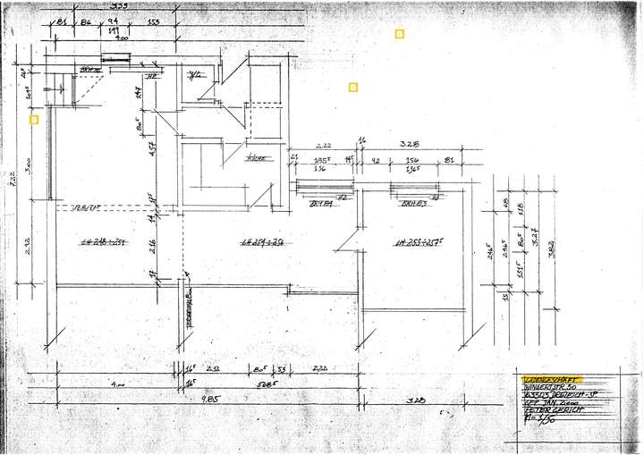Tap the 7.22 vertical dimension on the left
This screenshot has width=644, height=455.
[14, 179]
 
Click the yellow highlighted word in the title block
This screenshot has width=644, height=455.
[547, 379]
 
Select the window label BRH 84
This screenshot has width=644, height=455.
[321, 204]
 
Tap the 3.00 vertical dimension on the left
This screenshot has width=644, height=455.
[30, 167]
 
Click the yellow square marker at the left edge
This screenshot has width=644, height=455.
[34, 118]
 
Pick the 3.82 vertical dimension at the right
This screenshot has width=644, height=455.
[552, 250]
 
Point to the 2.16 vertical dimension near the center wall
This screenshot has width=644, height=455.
[152, 243]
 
